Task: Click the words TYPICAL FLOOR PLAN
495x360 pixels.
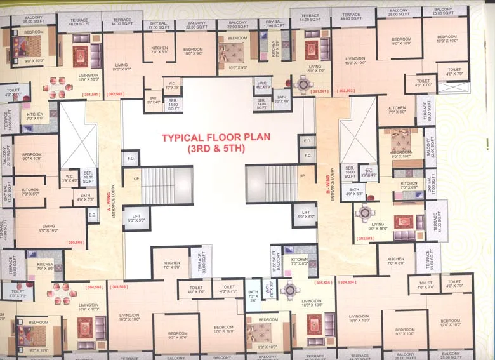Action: [216, 137]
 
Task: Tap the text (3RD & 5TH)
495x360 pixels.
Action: [216, 149]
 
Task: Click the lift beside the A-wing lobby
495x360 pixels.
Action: [136, 219]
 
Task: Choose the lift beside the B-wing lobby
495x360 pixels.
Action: [305, 215]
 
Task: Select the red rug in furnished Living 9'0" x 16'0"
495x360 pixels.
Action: [403, 222]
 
